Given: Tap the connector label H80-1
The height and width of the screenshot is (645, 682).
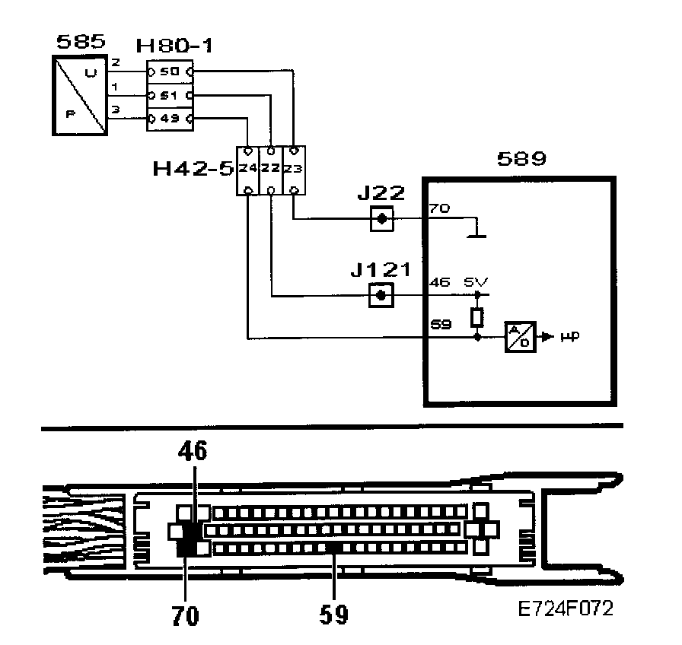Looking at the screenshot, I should (x=174, y=47).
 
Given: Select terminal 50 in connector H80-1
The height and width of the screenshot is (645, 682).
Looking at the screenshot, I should (x=168, y=71).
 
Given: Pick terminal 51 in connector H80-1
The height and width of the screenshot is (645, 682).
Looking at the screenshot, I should (x=168, y=96).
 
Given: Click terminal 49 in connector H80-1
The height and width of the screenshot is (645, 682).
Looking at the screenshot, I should (x=168, y=119).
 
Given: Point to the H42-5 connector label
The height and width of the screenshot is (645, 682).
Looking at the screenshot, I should (x=192, y=167).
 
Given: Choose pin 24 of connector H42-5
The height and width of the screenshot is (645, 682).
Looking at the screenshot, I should (x=247, y=168).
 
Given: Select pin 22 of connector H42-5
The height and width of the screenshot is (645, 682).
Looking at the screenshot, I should (x=270, y=168).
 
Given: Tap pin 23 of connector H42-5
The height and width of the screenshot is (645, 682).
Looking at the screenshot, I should (x=293, y=168).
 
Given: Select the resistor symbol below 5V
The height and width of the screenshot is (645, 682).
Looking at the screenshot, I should (x=477, y=316).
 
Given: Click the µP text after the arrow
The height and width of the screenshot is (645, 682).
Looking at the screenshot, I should (x=566, y=335).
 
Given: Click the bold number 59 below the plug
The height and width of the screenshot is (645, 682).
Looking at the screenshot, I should (x=333, y=613).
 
